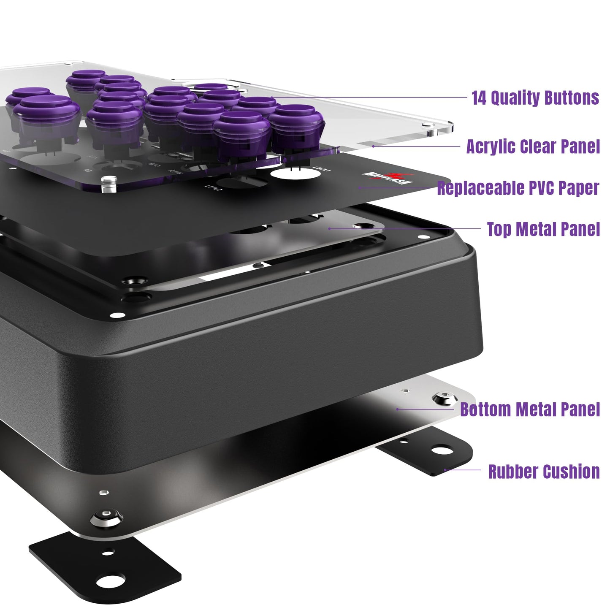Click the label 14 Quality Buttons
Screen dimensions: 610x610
[x=535, y=98]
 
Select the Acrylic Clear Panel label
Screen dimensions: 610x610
[x=533, y=147]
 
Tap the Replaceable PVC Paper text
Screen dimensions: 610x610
[x=518, y=188]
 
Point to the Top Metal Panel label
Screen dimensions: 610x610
[x=543, y=229]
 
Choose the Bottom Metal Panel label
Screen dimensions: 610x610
[x=530, y=409]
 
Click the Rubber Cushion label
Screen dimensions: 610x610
[x=544, y=472]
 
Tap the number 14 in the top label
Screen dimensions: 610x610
[x=479, y=98]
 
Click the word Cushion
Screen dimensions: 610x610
[x=571, y=472]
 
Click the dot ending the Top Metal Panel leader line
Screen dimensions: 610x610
[x=329, y=229]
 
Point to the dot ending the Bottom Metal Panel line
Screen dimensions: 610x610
[x=397, y=409]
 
